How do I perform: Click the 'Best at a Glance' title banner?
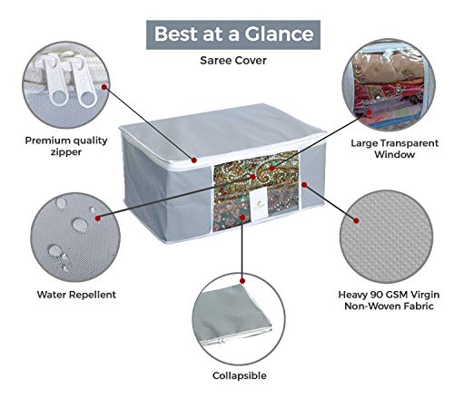[233, 34]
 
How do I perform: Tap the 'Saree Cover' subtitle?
[233, 61]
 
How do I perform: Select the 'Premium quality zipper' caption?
[66, 146]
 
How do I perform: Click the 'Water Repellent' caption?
[76, 295]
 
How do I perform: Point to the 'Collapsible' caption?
[240, 375]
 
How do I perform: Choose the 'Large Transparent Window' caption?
[394, 149]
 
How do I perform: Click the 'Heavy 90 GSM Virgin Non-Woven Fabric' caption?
[389, 300]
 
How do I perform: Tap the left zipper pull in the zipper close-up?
[55, 81]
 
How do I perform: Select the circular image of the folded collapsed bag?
[239, 319]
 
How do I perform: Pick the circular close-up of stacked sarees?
[389, 85]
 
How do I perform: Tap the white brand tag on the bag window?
[258, 201]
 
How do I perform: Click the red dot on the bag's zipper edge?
[194, 160]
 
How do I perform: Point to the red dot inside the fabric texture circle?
[356, 221]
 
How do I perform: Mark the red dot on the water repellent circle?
[97, 218]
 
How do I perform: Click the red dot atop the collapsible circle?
[242, 281]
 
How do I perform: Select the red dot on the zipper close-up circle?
[104, 87]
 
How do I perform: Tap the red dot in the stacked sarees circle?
[369, 112]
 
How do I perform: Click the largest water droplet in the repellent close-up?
[80, 225]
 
